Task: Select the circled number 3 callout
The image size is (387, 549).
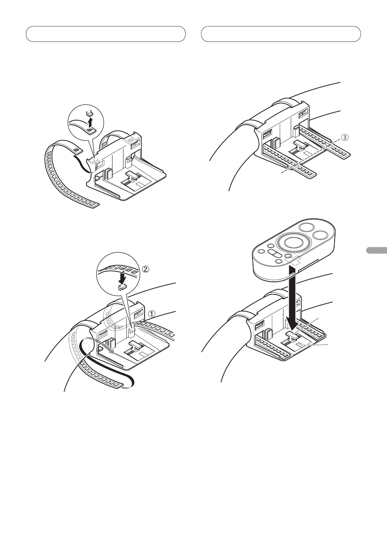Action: pos(344,138)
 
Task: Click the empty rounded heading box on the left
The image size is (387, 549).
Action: pos(106,34)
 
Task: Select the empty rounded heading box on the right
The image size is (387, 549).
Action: pos(281,34)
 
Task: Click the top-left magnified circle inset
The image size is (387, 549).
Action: pos(86,121)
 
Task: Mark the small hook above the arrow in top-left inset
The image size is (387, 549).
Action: pos(90,112)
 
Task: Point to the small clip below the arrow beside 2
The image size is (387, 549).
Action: pos(121,288)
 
